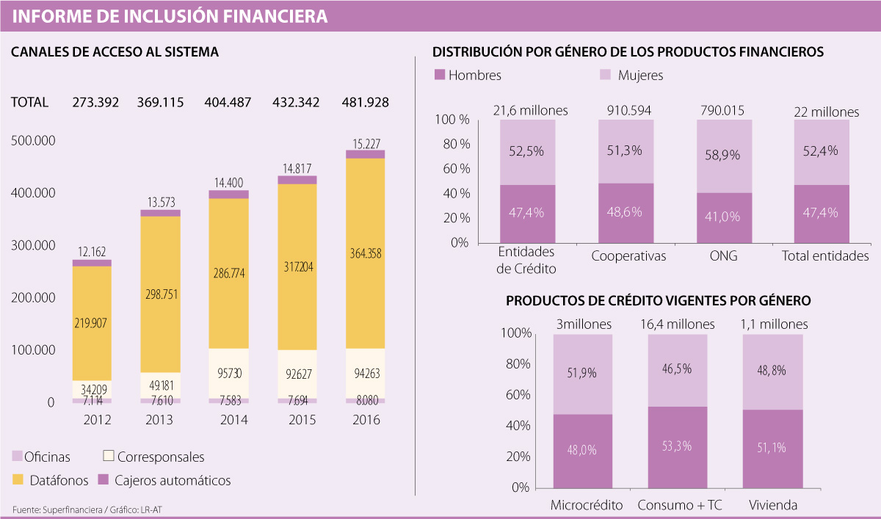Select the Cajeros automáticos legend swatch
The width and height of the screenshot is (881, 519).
pos(104,481)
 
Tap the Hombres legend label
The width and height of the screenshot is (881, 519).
pos(474,75)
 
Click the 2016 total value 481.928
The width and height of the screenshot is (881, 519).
pos(365,102)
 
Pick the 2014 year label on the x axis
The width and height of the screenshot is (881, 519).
pos(234,421)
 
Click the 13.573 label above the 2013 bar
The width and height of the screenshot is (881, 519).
pos(160,200)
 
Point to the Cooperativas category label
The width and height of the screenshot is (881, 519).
pos(628,256)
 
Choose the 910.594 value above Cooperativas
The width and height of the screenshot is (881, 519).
pos(628,111)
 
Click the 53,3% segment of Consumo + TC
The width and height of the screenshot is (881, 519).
pos(676,446)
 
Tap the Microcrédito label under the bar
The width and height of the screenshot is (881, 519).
pos(587,505)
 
